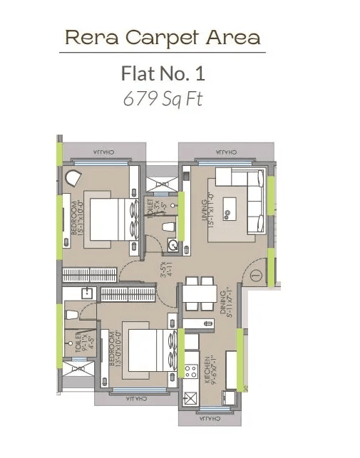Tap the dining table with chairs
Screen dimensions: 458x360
197,293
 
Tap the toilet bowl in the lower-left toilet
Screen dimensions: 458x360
70,313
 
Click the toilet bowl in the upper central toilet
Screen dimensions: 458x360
168,227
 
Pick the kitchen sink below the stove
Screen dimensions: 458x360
191,398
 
